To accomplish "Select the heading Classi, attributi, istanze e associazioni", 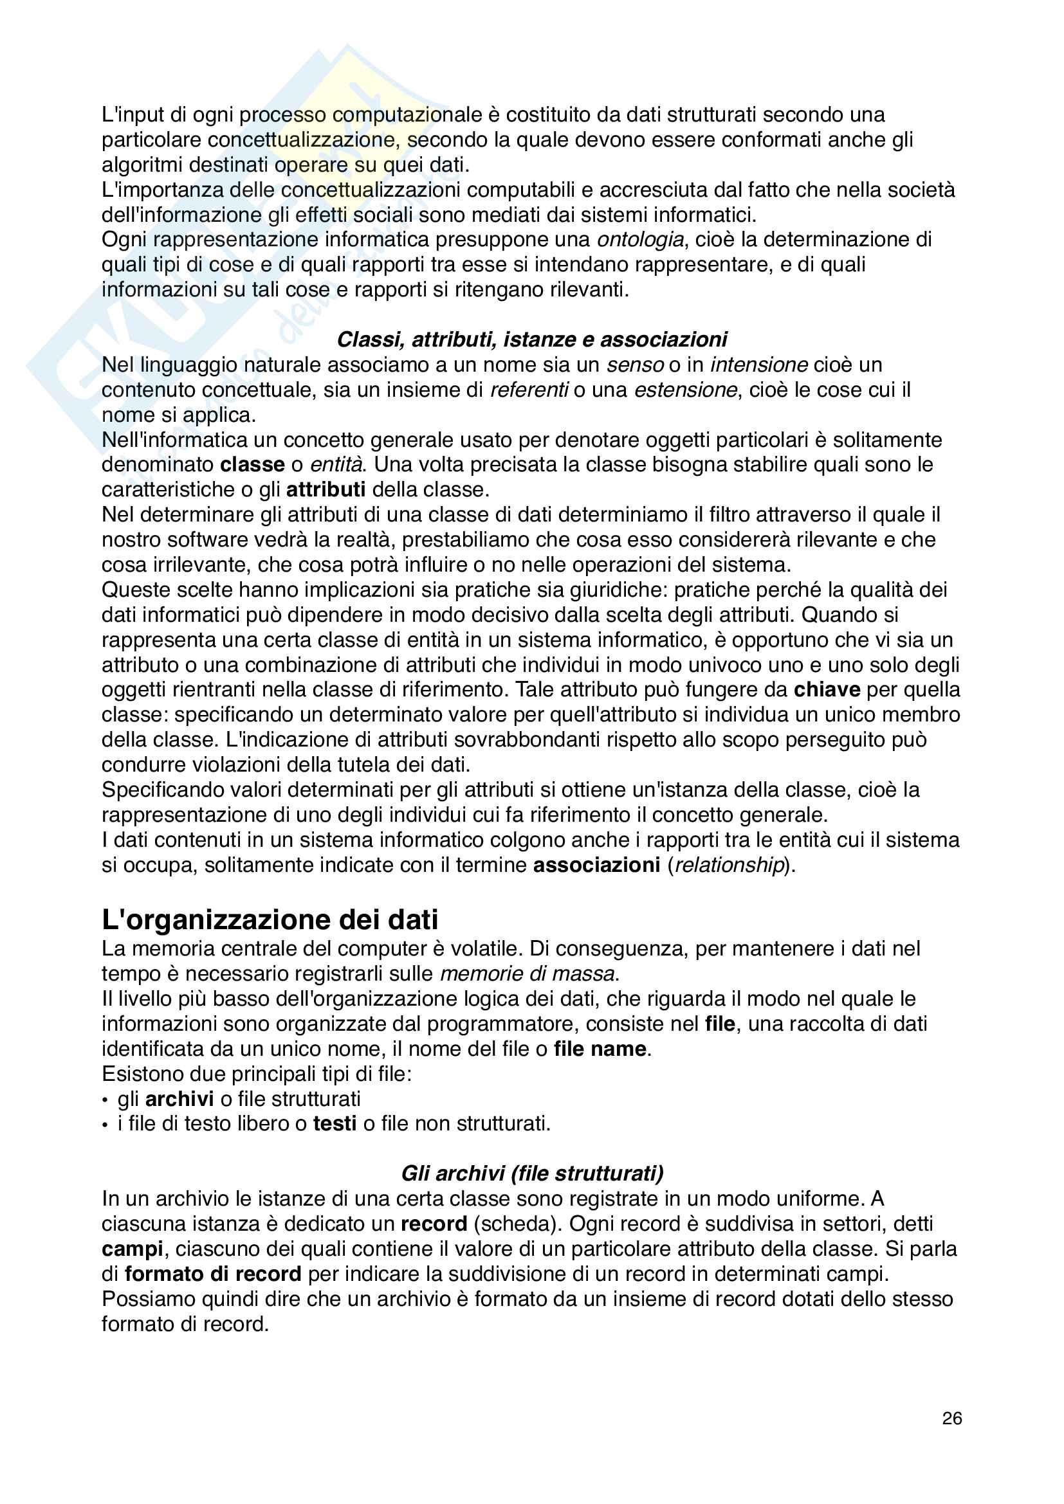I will (531, 340).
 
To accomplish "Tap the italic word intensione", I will (758, 364).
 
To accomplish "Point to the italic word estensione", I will (685, 390).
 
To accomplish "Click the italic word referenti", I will (529, 390).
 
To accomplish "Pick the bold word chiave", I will (827, 690).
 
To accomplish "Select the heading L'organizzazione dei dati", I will (270, 920).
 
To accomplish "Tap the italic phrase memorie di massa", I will (527, 974).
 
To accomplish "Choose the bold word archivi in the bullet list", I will (179, 1098).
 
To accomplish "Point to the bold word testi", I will (335, 1123).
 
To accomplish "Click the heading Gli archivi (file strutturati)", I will (532, 1173).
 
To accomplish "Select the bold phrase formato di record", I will (213, 1274).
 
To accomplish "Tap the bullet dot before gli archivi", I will (105, 1100).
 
